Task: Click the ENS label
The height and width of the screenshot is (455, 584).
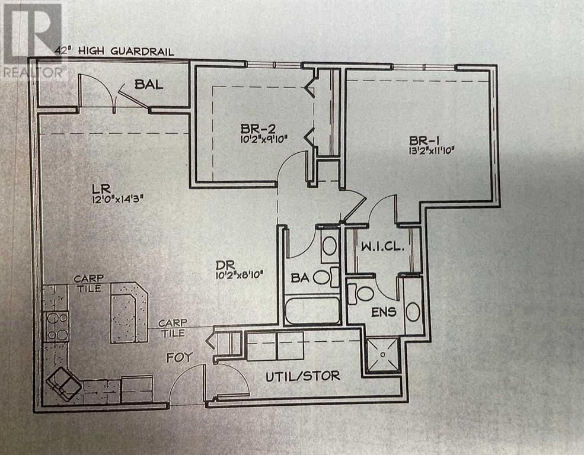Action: coord(384,312)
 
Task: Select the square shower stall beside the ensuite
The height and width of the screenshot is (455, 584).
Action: coord(384,354)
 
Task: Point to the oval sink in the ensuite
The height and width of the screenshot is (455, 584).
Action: coord(413,310)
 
